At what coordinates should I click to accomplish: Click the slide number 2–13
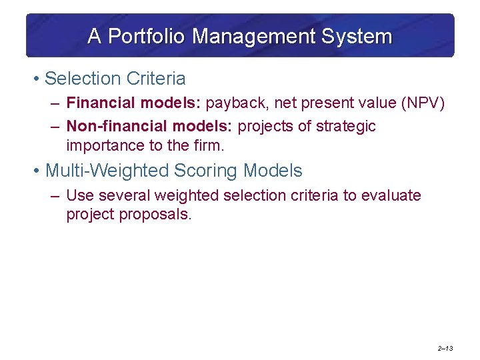(445, 349)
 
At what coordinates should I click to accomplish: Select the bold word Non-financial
(110, 126)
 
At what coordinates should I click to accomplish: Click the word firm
(208, 145)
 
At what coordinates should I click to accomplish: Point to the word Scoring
(198, 171)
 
